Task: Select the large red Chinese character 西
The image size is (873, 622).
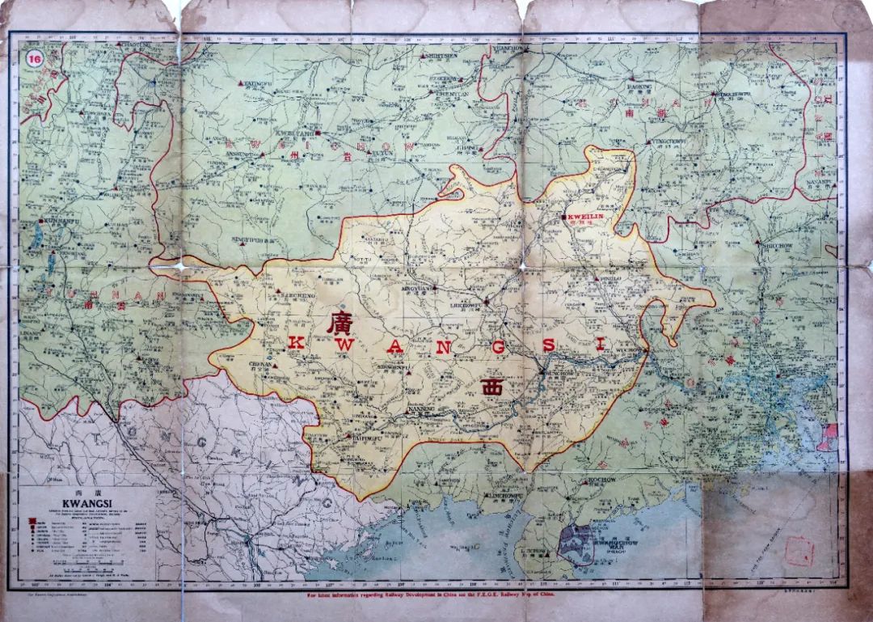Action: tap(492, 387)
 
